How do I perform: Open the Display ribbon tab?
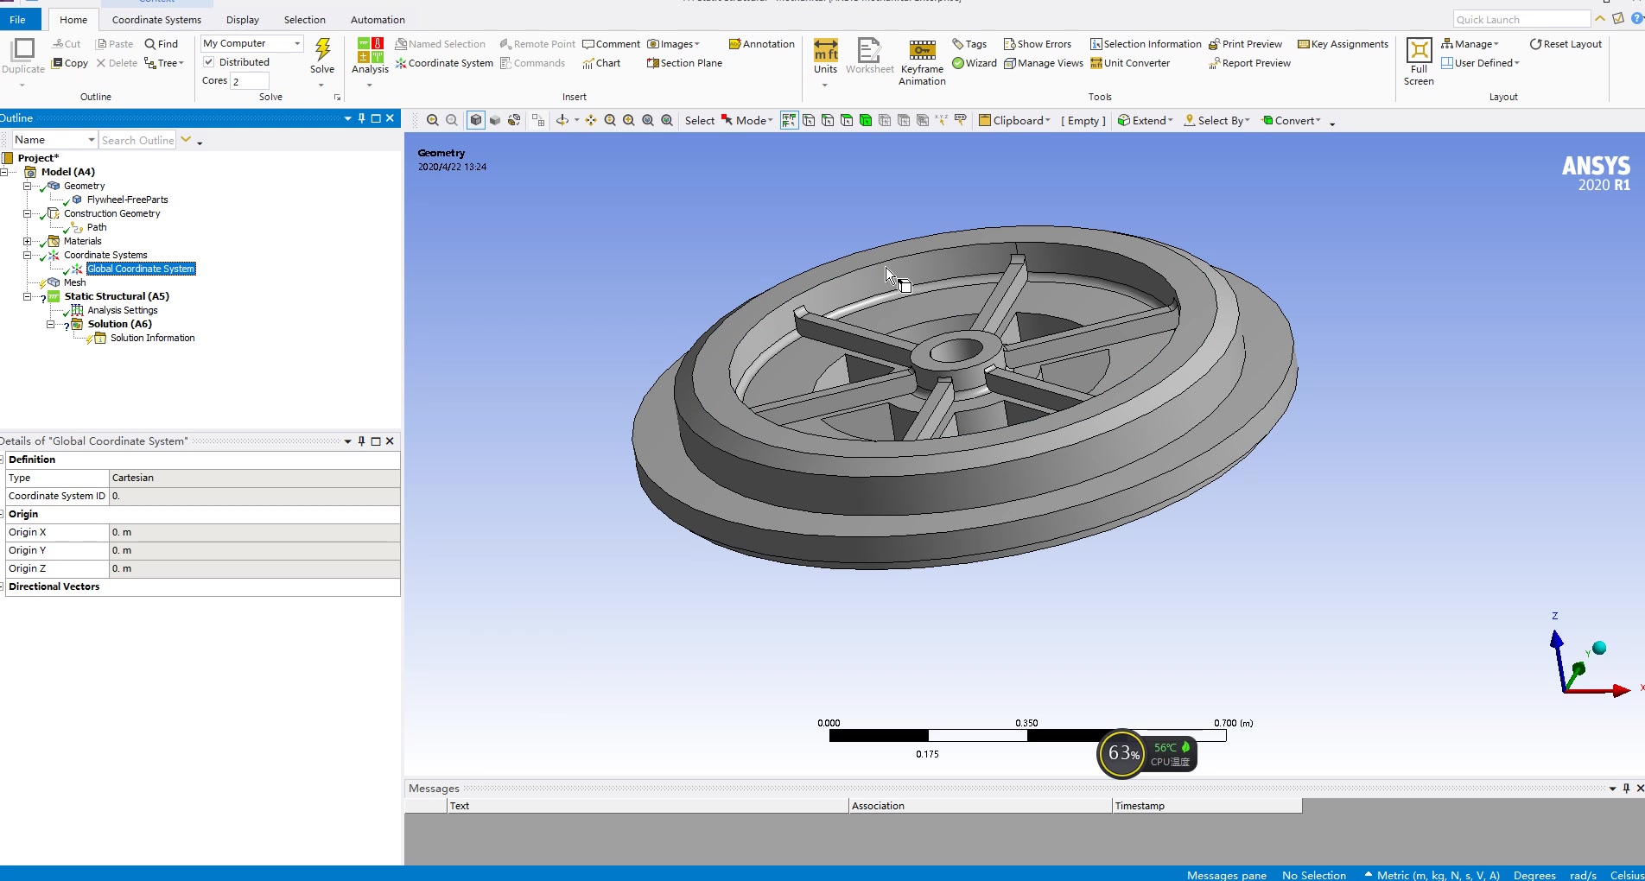[x=242, y=20]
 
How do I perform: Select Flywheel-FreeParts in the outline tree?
[x=127, y=200]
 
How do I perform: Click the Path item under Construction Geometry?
[x=97, y=227]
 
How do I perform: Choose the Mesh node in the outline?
[x=74, y=282]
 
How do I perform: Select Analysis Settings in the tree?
[x=122, y=310]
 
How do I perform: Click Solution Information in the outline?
[x=152, y=338]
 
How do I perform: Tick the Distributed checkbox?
[x=209, y=62]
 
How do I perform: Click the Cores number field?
[x=250, y=81]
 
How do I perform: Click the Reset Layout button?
[x=1566, y=44]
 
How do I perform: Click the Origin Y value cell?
[x=254, y=550]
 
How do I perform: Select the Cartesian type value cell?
[x=254, y=478]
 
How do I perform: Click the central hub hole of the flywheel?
[x=956, y=351]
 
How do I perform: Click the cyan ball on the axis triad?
[x=1599, y=648]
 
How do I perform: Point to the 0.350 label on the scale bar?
[x=1026, y=723]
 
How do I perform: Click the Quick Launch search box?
[x=1521, y=20]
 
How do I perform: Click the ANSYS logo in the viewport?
[x=1596, y=173]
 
